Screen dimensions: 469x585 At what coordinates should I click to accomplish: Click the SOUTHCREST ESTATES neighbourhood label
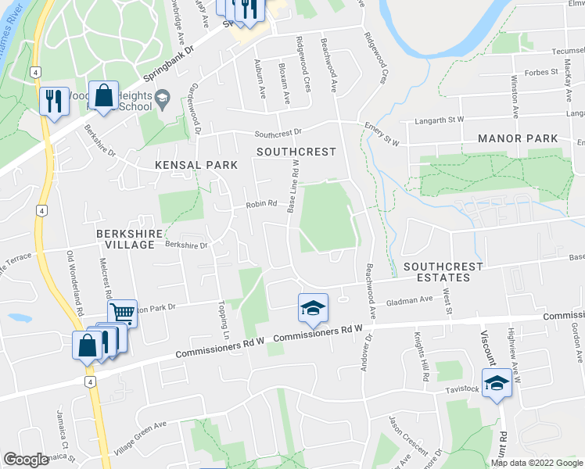coord(443,272)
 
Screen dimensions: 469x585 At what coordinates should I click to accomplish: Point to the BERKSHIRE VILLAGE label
coord(125,239)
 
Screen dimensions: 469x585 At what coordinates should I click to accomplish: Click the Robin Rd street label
coord(262,204)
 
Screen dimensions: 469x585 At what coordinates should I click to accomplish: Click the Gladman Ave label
coord(409,299)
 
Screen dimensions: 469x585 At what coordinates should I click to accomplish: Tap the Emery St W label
coord(381,134)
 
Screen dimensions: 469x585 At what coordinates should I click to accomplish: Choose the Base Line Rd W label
coord(293,186)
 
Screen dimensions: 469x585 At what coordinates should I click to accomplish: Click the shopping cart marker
coord(122,313)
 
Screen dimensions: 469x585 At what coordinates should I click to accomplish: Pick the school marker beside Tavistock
coord(497,383)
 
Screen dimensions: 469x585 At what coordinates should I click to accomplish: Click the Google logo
coord(26,460)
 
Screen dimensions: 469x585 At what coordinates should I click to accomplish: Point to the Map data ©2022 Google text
coord(536,463)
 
